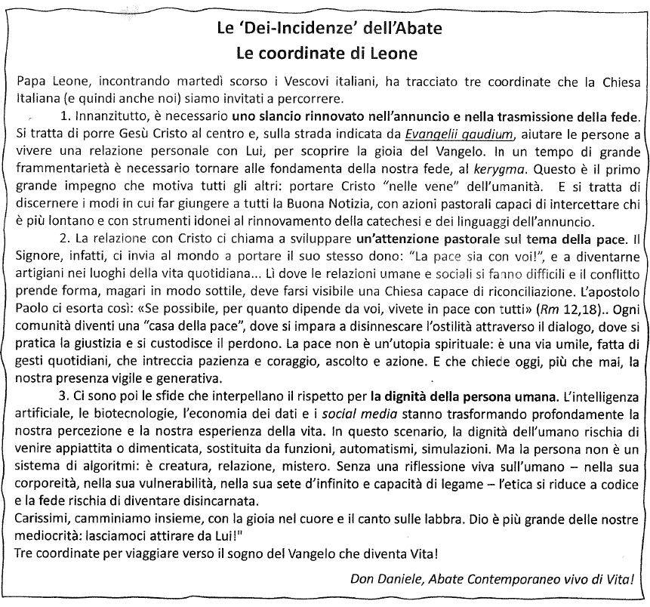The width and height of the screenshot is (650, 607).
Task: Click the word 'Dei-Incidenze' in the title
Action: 291,31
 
